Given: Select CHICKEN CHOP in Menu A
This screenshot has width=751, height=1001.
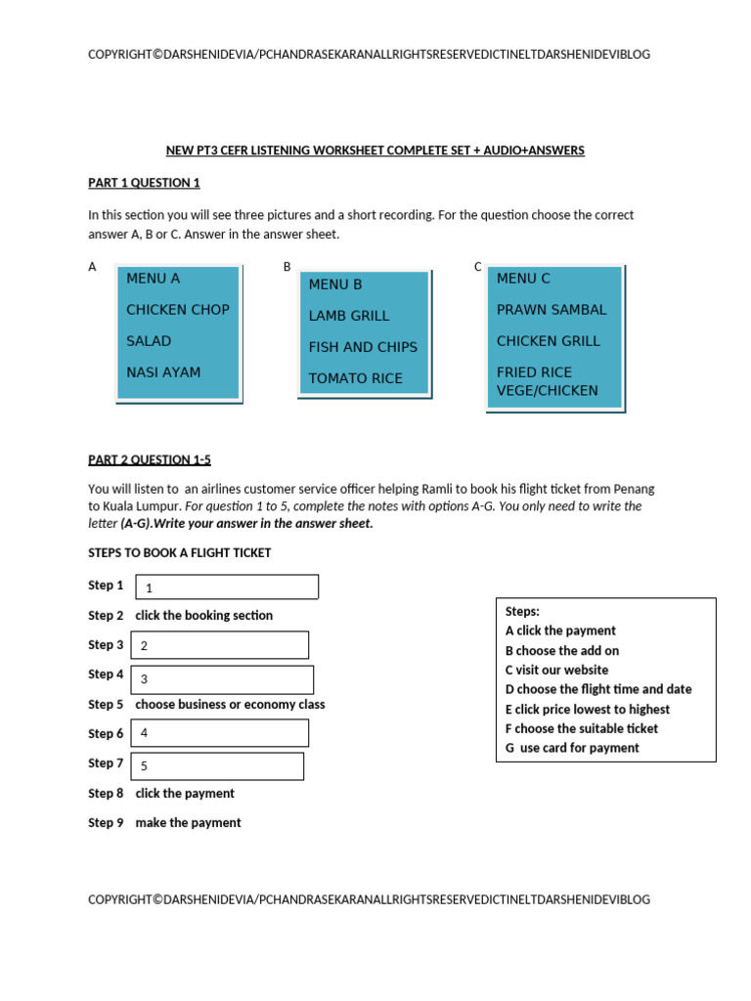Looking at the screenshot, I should click(x=177, y=310).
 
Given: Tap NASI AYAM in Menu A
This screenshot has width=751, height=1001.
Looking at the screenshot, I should click(x=162, y=372).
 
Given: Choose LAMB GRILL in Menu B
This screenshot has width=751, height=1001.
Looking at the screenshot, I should click(x=348, y=316).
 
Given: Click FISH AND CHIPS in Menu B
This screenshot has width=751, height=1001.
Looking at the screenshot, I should click(x=363, y=347).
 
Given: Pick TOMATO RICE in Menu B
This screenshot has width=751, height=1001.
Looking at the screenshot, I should click(x=355, y=378).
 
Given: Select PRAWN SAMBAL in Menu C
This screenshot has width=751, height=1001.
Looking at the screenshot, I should click(x=552, y=310).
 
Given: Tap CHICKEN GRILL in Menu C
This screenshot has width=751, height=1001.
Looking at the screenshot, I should click(x=548, y=341).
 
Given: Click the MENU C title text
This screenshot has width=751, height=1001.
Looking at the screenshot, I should click(x=523, y=279).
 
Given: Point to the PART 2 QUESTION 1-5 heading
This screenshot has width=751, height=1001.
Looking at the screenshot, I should click(x=149, y=459).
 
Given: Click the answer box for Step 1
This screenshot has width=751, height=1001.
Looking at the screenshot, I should click(x=226, y=587).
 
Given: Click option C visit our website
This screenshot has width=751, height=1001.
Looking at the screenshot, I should click(x=556, y=670).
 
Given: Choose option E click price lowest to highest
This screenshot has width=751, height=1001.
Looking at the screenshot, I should click(x=588, y=709).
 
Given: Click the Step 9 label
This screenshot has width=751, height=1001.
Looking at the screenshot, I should click(x=106, y=823).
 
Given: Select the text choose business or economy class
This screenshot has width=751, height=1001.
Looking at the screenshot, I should click(x=230, y=705).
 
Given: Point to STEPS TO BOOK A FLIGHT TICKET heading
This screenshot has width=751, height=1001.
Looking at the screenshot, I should click(x=179, y=553).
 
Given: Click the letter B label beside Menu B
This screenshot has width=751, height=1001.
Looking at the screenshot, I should click(x=287, y=266).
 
